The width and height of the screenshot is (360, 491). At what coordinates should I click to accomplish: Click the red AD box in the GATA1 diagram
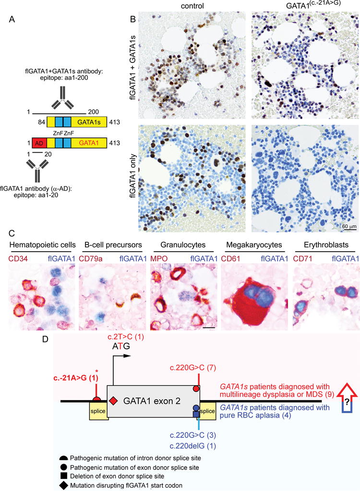pyautogui.click(x=38, y=143)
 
